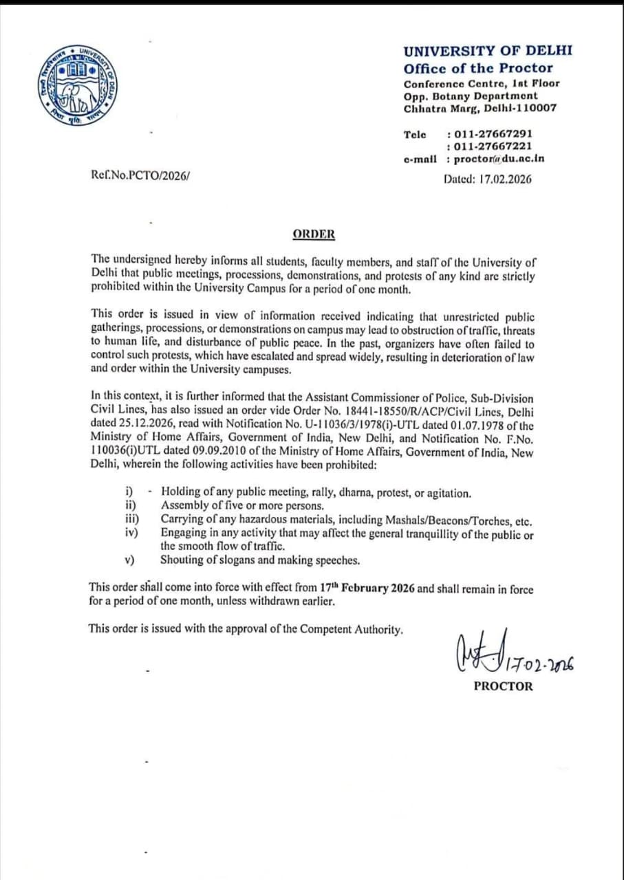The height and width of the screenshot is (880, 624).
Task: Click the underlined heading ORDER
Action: coord(314,234)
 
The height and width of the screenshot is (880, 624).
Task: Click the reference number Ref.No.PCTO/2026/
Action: coord(140,175)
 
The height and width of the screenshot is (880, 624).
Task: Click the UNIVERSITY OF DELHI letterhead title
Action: coord(488,51)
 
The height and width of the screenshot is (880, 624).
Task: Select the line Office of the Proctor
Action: coord(478,68)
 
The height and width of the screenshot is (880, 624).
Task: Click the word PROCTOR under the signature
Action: coord(503,686)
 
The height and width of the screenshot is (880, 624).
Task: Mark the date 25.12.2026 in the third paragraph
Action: coord(121,424)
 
